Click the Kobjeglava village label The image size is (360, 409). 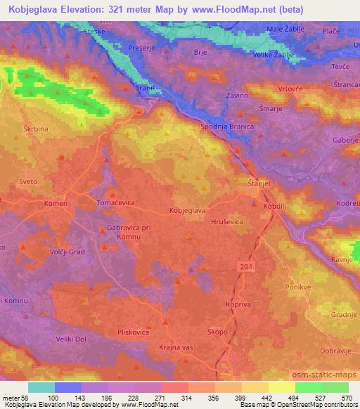[x=187, y=210]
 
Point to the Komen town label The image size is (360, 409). [x=56, y=203]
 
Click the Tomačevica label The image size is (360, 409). [x=115, y=202]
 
